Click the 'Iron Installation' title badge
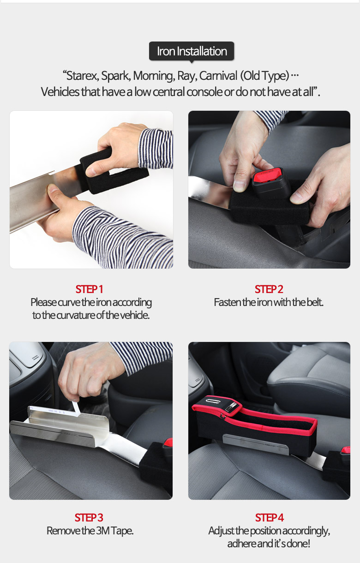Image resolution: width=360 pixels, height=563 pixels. pyautogui.click(x=192, y=51)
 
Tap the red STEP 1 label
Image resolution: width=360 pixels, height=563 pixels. pyautogui.click(x=89, y=289)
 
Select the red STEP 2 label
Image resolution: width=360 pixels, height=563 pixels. pyautogui.click(x=269, y=289)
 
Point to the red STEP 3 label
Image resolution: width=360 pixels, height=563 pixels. pyautogui.click(x=89, y=517)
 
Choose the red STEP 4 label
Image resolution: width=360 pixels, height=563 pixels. pyautogui.click(x=269, y=517)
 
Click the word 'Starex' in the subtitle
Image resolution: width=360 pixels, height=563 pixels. pyautogui.click(x=83, y=76)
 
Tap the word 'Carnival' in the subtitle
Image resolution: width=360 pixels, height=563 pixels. pyautogui.click(x=218, y=76)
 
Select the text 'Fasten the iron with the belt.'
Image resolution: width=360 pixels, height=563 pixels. pyautogui.click(x=269, y=302)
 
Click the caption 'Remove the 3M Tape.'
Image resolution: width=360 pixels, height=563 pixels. pyautogui.click(x=90, y=531)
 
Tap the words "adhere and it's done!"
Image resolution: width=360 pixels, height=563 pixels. pyautogui.click(x=269, y=544)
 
